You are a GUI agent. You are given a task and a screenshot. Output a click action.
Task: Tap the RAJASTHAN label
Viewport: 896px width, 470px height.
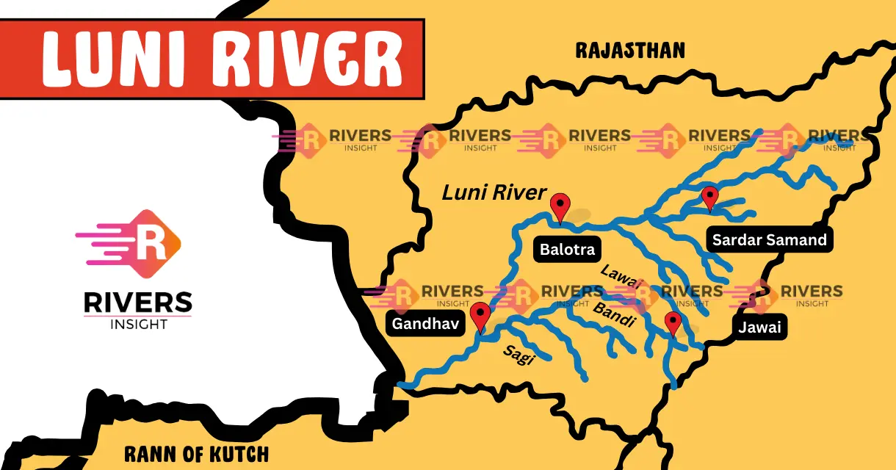630,50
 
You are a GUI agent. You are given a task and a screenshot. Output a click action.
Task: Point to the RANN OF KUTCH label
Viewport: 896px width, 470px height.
196,453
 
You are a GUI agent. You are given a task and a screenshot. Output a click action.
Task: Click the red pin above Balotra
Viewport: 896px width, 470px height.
561,205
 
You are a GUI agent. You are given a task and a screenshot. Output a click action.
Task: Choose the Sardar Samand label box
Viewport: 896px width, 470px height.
769,239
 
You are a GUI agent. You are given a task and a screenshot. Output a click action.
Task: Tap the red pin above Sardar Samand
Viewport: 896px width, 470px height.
709,197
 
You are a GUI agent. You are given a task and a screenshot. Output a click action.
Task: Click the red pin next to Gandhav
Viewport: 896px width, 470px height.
480,315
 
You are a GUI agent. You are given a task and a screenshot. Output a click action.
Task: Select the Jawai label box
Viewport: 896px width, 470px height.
759,327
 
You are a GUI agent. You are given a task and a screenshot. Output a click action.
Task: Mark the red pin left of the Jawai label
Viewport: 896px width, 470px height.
673,322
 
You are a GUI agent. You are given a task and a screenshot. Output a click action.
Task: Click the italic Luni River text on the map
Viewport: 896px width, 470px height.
494,193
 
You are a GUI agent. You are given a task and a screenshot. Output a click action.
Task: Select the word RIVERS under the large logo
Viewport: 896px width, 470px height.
137,302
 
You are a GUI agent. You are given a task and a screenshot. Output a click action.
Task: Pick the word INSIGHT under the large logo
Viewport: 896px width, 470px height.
137,325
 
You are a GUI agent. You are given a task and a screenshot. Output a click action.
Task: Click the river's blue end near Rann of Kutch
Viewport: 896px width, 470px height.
401,384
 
